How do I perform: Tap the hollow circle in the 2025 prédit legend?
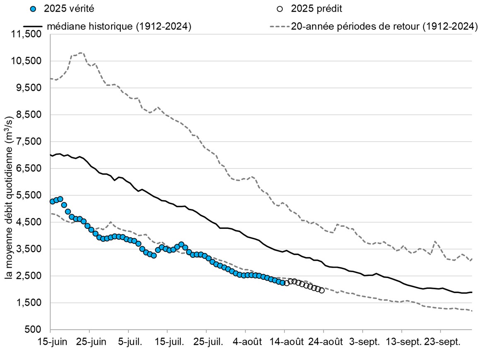tap(281, 9)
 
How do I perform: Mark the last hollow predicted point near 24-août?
tap(322, 290)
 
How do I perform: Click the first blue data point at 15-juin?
tap(52, 202)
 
